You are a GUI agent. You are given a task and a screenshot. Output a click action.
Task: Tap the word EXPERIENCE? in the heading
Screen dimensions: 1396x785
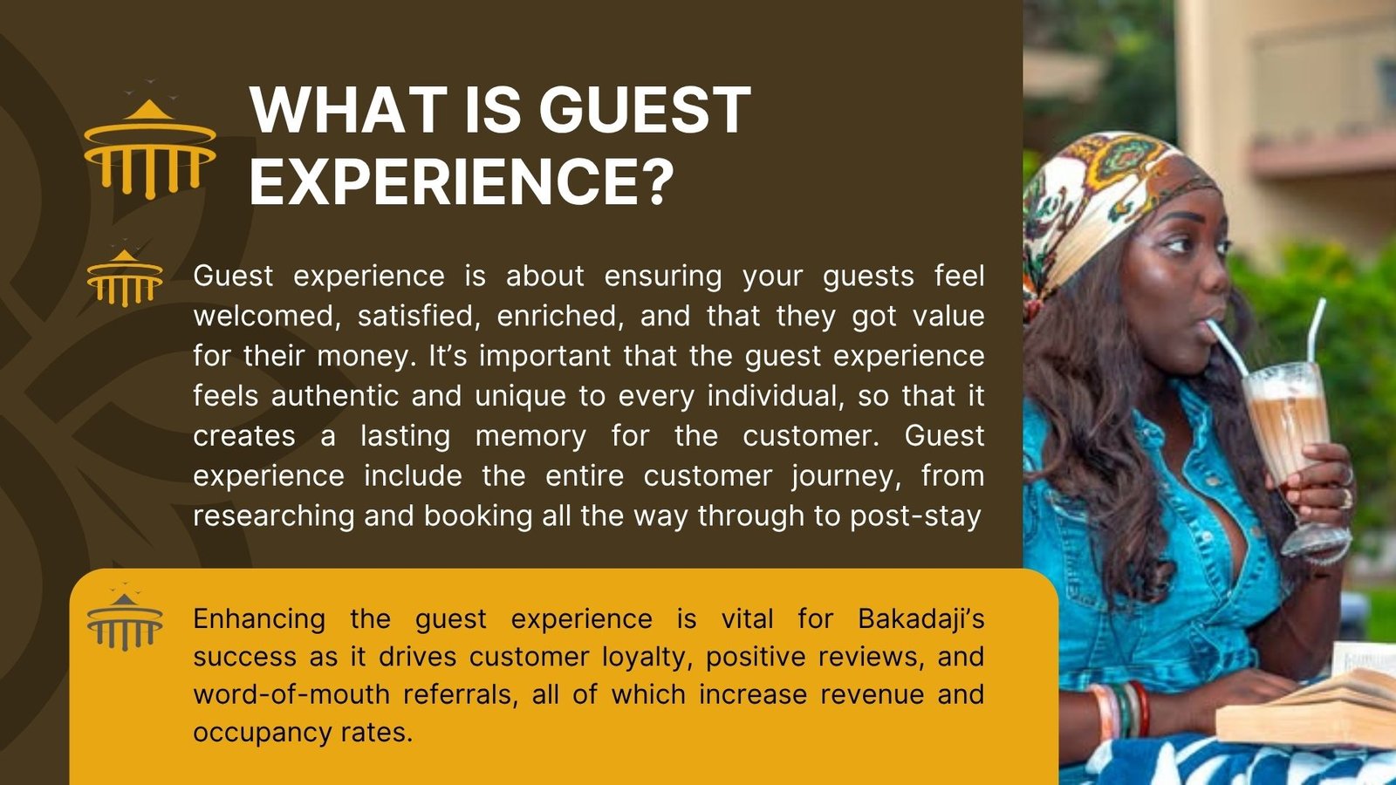click(462, 181)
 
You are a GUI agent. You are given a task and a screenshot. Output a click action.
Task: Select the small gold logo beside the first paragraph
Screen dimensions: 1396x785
click(125, 274)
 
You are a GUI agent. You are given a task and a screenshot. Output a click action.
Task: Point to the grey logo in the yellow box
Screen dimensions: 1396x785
click(125, 618)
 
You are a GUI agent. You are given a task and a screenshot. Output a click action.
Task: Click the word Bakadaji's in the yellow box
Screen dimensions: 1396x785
click(921, 618)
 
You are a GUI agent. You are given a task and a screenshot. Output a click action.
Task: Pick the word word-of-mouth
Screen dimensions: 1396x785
click(291, 694)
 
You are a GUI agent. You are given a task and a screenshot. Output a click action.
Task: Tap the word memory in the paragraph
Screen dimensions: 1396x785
click(530, 436)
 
